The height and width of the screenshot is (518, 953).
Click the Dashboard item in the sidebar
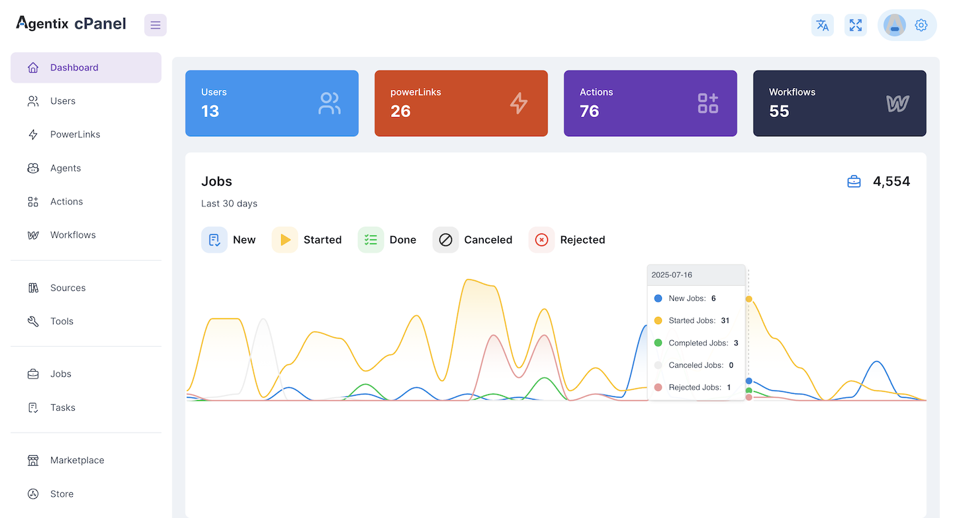coord(74,67)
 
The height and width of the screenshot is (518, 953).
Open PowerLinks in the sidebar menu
coord(75,134)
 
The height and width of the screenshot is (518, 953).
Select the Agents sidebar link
coord(66,168)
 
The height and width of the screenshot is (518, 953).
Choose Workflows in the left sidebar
coord(73,235)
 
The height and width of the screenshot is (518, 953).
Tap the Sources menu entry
coord(68,288)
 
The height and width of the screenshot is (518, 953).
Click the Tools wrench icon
coord(33,322)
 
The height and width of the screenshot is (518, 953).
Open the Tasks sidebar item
coord(62,408)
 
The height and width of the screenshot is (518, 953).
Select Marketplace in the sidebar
coord(77,460)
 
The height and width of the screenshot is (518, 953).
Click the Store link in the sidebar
coord(62,494)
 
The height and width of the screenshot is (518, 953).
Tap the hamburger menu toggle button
coord(156,25)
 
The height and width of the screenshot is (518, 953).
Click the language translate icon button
coord(823,25)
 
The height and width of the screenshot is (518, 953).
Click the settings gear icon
coord(921,25)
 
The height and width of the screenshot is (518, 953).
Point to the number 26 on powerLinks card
coord(400,111)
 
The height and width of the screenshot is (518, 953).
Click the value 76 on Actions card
coord(589,111)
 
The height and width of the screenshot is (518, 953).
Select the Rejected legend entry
coord(582,240)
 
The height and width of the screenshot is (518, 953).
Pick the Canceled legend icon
coord(445,240)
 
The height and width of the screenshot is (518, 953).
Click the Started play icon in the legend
coord(285,240)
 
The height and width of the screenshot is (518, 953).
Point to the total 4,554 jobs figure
coord(891,181)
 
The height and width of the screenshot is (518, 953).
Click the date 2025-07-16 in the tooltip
coord(672,275)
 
